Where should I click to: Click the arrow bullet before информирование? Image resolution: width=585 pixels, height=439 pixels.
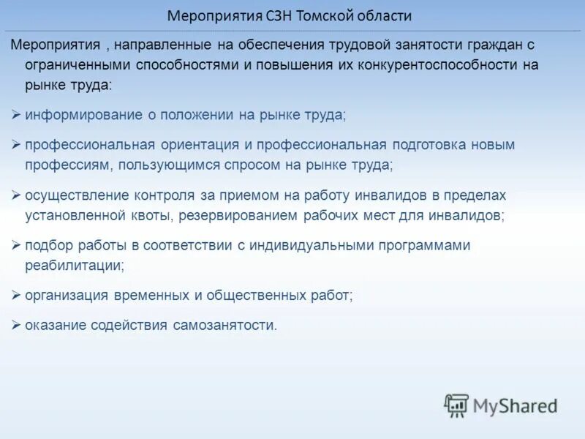tap(16, 115)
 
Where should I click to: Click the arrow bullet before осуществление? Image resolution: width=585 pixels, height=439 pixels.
tap(16, 195)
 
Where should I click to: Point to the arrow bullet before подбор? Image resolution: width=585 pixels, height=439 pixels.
tap(16, 246)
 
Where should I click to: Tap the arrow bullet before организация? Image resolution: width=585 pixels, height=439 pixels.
tap(16, 296)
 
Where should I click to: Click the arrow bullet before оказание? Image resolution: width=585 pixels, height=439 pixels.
tap(16, 326)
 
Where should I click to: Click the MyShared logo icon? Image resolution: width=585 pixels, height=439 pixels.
tap(456, 405)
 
